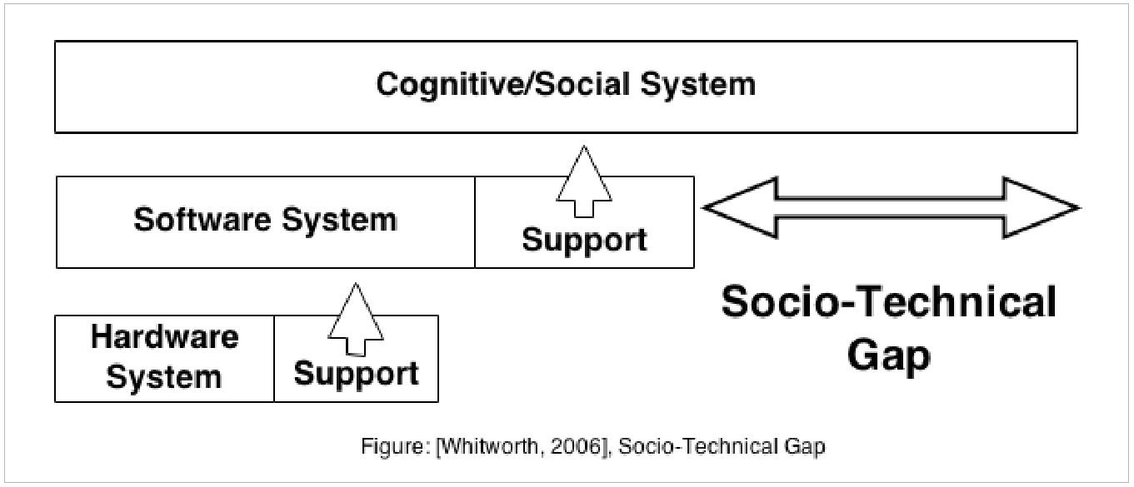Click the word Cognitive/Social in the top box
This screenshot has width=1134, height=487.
[x=509, y=84]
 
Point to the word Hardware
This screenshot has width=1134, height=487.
[x=164, y=337]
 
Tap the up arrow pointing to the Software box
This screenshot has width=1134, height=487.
[x=356, y=317]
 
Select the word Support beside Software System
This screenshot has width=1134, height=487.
[x=584, y=240]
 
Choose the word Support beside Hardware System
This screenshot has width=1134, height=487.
[x=356, y=373]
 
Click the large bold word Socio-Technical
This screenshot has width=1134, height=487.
[x=888, y=302]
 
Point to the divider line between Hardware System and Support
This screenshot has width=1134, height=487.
[x=274, y=359]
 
